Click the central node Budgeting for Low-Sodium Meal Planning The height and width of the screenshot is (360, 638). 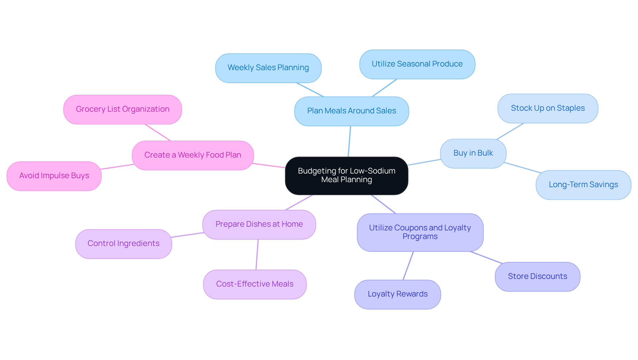(346, 176)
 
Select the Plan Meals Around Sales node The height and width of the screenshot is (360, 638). (351, 111)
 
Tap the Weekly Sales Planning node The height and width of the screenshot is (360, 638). (268, 68)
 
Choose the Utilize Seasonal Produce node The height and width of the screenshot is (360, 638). (417, 64)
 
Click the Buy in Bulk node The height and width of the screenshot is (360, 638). (473, 153)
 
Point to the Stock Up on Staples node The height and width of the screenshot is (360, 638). (548, 108)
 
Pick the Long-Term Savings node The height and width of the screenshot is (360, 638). (583, 185)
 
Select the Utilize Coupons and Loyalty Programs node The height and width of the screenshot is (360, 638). (420, 232)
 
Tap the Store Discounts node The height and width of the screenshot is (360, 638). (537, 277)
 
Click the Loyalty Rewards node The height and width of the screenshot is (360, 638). (397, 294)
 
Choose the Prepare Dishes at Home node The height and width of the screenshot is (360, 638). (259, 224)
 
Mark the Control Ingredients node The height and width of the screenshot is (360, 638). (123, 244)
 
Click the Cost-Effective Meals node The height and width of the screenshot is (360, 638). (255, 284)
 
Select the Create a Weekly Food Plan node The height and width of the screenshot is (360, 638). (193, 155)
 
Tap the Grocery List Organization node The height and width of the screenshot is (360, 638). (122, 109)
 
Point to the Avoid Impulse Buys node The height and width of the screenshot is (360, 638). (54, 176)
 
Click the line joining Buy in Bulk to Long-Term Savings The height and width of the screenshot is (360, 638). (522, 168)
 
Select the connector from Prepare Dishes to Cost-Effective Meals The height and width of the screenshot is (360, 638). (257, 255)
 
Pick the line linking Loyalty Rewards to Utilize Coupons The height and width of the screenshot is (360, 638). (408, 266)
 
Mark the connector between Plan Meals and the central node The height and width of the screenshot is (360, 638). (349, 141)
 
